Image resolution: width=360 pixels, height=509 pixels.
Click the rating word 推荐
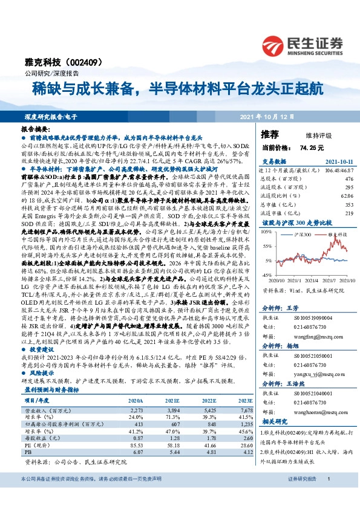pyautogui.click(x=270, y=134)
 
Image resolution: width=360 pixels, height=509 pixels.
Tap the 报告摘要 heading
pyautogui.click(x=35, y=130)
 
